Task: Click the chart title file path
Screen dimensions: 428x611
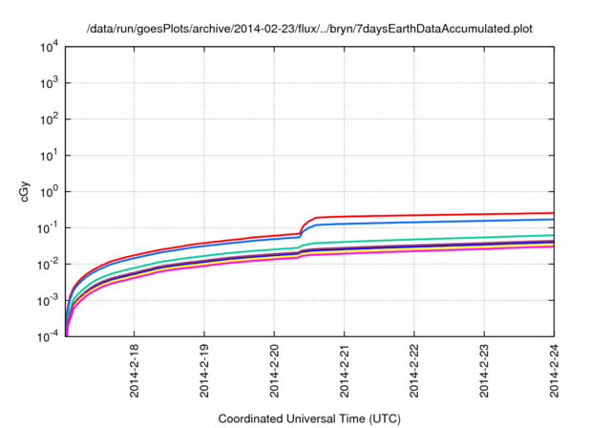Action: point(305,30)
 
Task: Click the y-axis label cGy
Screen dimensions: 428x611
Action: point(26,190)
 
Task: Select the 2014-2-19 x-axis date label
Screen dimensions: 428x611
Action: point(203,374)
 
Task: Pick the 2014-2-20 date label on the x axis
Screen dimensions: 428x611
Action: point(274,374)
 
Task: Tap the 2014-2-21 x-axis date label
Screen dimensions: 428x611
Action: point(344,374)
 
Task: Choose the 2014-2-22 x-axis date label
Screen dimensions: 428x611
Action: point(414,374)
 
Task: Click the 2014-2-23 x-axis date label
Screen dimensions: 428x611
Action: point(485,374)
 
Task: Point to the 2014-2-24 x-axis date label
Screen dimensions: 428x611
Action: point(555,374)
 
